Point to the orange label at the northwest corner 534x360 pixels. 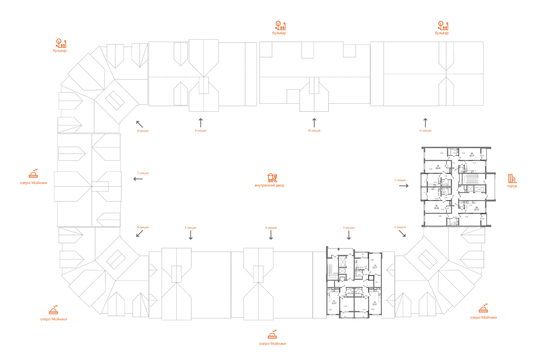61,45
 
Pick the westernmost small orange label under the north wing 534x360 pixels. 143,131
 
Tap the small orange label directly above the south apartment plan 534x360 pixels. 349,228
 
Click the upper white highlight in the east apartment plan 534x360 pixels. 433,189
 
